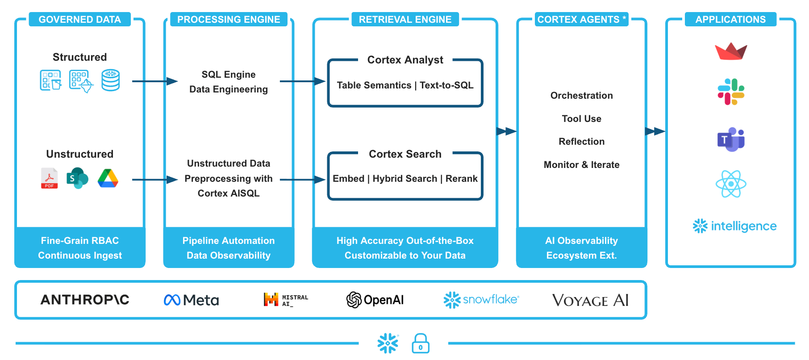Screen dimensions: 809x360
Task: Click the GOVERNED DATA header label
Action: pos(79,20)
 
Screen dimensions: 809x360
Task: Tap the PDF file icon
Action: pos(50,178)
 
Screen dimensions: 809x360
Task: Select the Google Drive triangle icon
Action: pos(108,178)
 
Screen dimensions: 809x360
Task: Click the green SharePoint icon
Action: pos(77,178)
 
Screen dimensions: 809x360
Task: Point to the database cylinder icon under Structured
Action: pos(110,80)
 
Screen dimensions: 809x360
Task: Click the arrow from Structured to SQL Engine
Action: pos(155,81)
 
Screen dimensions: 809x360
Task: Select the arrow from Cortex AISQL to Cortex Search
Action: pos(303,180)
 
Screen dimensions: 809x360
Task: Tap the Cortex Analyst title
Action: pos(405,60)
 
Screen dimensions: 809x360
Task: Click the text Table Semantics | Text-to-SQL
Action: pos(405,85)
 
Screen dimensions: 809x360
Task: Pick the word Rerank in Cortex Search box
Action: pos(462,179)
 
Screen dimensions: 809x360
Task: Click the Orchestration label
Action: pos(581,96)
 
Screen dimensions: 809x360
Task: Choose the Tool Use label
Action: pos(581,119)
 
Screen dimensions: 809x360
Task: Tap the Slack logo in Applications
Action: pos(731,92)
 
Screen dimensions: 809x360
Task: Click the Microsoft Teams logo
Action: pos(731,139)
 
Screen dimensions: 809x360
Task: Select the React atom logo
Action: pos(731,184)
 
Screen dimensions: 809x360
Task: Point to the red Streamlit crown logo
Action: pos(731,51)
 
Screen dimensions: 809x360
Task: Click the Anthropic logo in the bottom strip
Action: pos(85,300)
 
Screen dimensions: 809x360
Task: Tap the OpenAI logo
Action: pos(375,300)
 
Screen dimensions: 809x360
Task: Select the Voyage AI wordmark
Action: pos(590,300)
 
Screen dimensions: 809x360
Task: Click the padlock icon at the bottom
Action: pos(421,343)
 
